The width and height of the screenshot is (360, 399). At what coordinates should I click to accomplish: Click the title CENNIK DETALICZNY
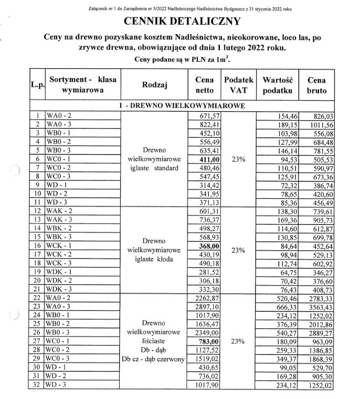(182, 21)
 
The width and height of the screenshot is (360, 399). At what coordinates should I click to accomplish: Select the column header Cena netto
(204, 85)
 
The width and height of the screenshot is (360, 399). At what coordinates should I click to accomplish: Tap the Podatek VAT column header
(239, 85)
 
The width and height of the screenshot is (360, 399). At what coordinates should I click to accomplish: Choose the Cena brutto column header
(316, 85)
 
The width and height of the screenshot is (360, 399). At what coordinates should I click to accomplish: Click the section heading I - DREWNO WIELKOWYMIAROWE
(182, 106)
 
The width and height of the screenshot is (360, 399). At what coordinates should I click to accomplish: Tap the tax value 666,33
(279, 305)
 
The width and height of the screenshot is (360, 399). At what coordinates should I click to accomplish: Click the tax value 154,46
(279, 115)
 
